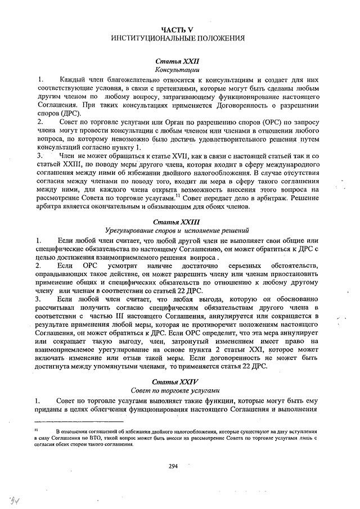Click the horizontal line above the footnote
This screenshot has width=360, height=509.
pyautogui.click(x=78, y=421)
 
